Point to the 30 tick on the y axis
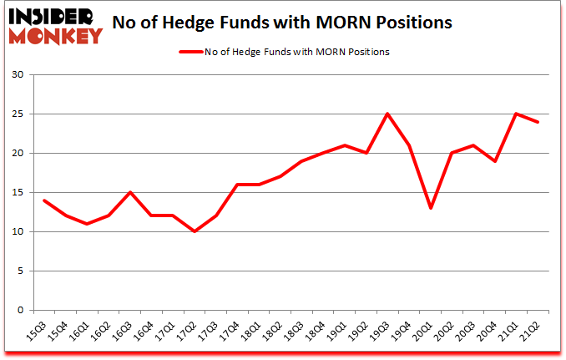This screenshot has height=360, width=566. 17,75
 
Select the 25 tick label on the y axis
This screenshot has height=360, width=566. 17,114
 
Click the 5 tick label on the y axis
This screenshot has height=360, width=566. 19,271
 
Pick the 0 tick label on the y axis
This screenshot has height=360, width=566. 19,310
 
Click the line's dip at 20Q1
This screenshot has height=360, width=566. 431,208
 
